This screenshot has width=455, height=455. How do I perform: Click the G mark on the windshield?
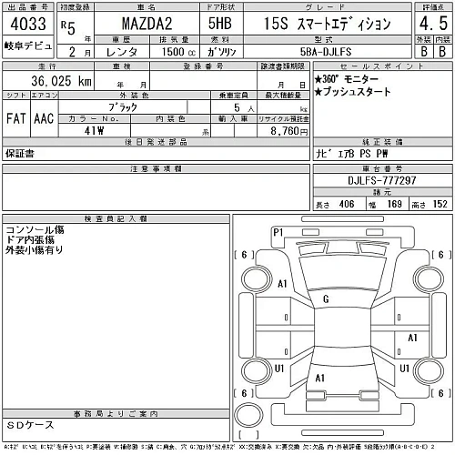tap(325, 298)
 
